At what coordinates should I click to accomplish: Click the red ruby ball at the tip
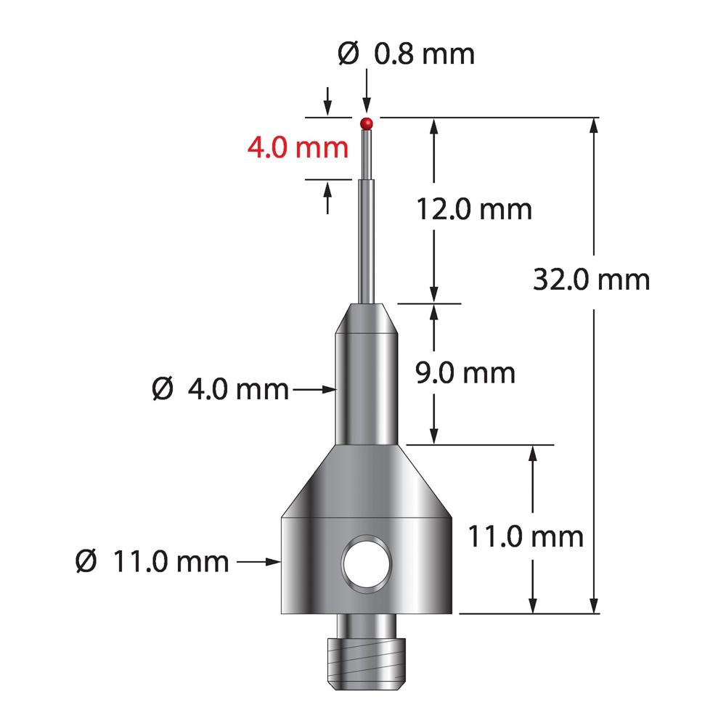tap(366, 123)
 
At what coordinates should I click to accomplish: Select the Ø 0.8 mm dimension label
tap(406, 54)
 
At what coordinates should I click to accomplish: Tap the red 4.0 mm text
tap(298, 147)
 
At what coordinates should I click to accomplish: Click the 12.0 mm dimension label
tap(473, 209)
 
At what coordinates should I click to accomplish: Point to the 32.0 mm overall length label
tap(591, 280)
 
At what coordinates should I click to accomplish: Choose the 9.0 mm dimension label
tap(465, 372)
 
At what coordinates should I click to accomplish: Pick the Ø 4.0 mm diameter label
tap(220, 389)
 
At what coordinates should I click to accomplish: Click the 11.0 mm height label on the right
tap(526, 537)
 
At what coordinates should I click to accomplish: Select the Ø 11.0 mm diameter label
tap(152, 562)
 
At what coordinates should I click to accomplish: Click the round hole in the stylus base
tap(366, 563)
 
